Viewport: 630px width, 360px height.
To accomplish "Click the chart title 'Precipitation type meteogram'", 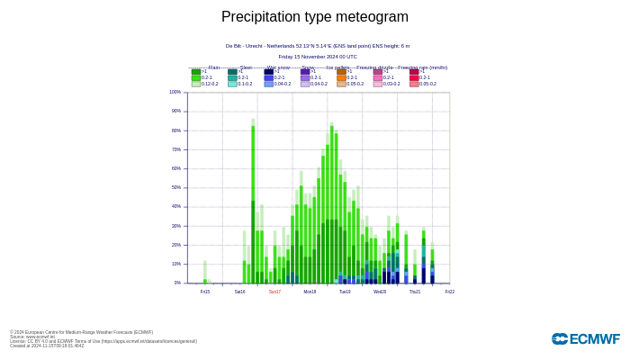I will pyautogui.click(x=315, y=17).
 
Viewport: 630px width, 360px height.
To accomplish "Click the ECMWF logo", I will pyautogui.click(x=585, y=339).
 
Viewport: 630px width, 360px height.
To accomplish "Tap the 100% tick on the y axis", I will pyautogui.click(x=175, y=92).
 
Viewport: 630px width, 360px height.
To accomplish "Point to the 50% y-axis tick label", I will pyautogui.click(x=175, y=187).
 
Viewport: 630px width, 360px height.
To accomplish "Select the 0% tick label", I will pyautogui.click(x=177, y=283).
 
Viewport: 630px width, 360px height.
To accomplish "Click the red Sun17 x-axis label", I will pyautogui.click(x=274, y=292).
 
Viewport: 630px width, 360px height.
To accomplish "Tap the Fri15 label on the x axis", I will pyautogui.click(x=205, y=292).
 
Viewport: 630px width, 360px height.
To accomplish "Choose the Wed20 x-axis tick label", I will pyautogui.click(x=380, y=292).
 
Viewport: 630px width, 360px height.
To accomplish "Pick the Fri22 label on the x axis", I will pyautogui.click(x=449, y=292).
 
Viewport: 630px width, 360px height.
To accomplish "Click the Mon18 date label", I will pyautogui.click(x=310, y=292).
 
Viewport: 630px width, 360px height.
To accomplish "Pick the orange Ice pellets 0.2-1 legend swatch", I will pyautogui.click(x=342, y=77).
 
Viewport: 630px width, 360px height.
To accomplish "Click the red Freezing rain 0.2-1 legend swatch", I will pyautogui.click(x=414, y=77).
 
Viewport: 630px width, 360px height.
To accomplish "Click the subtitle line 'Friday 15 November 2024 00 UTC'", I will pyautogui.click(x=318, y=56).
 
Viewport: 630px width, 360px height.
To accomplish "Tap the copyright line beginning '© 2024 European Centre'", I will pyautogui.click(x=81, y=332).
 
